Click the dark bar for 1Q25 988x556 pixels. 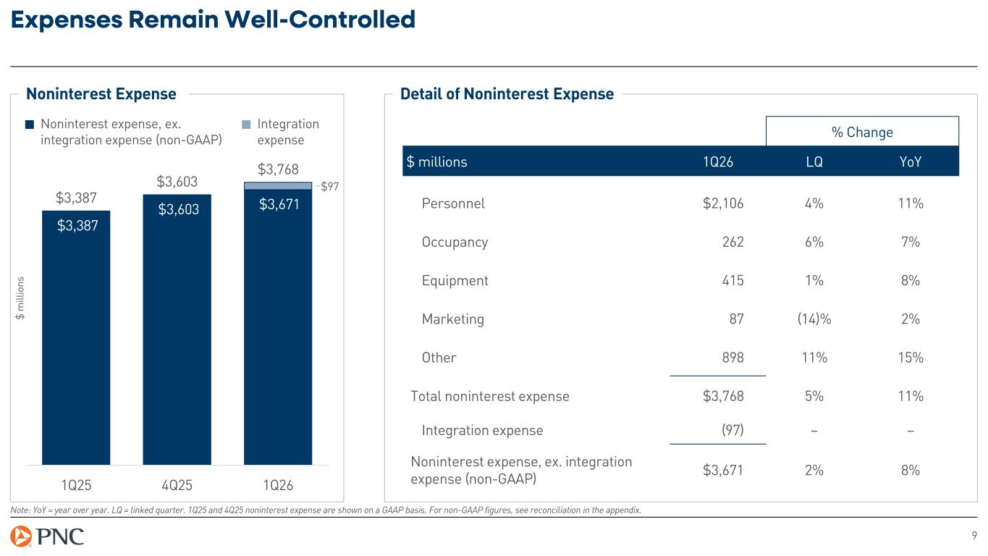point(76,337)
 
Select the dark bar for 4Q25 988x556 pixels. point(177,329)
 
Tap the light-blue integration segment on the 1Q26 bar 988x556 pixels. point(278,186)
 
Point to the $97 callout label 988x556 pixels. point(329,186)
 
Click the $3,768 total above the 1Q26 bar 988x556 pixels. point(278,169)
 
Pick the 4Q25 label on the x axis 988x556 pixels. point(177,485)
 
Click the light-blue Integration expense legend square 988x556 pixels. point(246,125)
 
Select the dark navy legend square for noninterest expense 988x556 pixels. point(30,125)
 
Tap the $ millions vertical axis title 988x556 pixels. point(20,298)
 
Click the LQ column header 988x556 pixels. point(814,161)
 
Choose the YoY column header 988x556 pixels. point(911,161)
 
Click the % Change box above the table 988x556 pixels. point(862,131)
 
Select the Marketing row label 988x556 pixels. point(453,319)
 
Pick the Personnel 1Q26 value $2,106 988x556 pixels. point(723,203)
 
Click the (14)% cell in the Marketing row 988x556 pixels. point(814,319)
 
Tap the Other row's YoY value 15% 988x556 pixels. point(911,358)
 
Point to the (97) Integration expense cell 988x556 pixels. point(732,430)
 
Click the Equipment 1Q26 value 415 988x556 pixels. point(732,281)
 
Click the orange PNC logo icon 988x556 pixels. point(21,536)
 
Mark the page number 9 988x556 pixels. point(974,536)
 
